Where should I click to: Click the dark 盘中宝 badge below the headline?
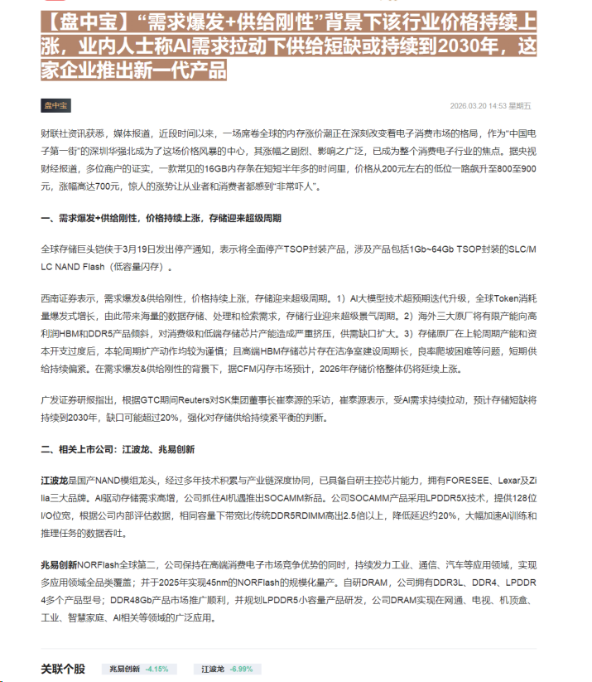click(56, 105)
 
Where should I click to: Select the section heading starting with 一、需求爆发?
click(161, 218)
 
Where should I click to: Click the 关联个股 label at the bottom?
click(63, 668)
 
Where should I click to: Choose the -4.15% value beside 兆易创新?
click(156, 668)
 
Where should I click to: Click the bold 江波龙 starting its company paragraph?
click(54, 481)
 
